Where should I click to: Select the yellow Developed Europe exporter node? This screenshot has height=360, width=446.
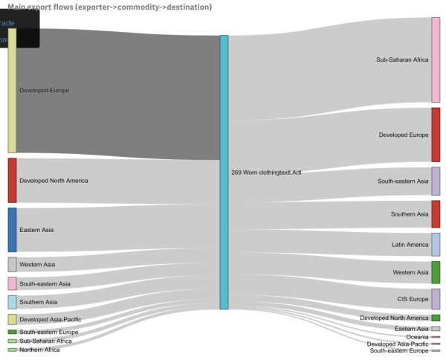click(x=12, y=90)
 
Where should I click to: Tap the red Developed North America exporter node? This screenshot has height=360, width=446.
click(x=12, y=180)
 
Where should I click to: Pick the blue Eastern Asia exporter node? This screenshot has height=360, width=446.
click(x=12, y=230)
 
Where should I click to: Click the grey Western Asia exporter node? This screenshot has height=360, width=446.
click(x=12, y=264)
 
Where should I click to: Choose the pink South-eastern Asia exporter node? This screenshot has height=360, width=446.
click(x=12, y=283)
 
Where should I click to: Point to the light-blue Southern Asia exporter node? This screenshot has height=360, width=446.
click(x=12, y=302)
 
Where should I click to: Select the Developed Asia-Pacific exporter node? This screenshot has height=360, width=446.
click(x=12, y=319)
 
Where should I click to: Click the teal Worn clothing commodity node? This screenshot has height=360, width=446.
click(x=224, y=172)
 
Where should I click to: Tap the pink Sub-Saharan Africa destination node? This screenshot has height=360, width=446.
click(x=436, y=60)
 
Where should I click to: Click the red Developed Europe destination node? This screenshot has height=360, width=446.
click(x=436, y=135)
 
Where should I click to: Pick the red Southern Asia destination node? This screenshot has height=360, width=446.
click(x=436, y=214)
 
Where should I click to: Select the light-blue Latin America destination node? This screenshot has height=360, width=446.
click(x=436, y=244)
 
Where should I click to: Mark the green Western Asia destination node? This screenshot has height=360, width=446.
click(x=436, y=272)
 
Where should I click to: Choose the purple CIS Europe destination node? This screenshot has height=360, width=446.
click(x=436, y=299)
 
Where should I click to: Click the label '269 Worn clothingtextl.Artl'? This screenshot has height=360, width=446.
click(x=266, y=173)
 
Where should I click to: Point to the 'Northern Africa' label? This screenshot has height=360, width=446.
click(x=39, y=350)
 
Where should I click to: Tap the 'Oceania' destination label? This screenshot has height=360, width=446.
click(x=417, y=337)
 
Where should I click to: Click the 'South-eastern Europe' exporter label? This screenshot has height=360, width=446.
click(x=48, y=332)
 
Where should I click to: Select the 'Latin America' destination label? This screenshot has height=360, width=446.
click(x=410, y=245)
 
